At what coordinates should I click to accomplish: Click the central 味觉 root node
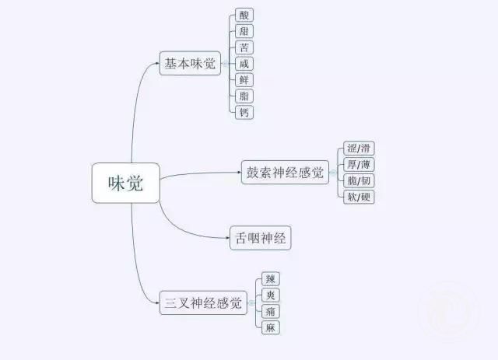[126, 183]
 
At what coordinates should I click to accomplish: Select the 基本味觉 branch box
[190, 63]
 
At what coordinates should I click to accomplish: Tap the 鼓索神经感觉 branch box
[286, 173]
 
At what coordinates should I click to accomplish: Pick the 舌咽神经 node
[261, 238]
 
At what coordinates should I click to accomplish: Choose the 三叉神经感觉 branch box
[203, 303]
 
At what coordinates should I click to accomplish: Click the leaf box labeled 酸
[244, 15]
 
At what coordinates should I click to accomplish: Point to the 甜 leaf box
[244, 31]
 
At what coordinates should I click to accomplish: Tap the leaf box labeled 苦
[244, 47]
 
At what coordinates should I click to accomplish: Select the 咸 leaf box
[244, 64]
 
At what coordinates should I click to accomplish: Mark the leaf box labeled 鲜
[244, 80]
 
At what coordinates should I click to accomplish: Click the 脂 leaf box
[244, 96]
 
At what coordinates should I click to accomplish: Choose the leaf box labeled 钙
[244, 113]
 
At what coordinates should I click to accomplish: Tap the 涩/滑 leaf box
[359, 149]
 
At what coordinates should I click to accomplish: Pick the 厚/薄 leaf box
[359, 164]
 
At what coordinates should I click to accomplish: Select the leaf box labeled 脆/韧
[359, 180]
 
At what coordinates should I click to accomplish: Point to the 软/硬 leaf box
[359, 197]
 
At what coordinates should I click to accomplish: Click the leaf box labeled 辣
[271, 278]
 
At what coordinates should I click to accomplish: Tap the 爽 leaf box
[271, 295]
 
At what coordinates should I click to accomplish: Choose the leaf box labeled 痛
[271, 311]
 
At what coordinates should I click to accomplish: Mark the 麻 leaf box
[271, 327]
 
